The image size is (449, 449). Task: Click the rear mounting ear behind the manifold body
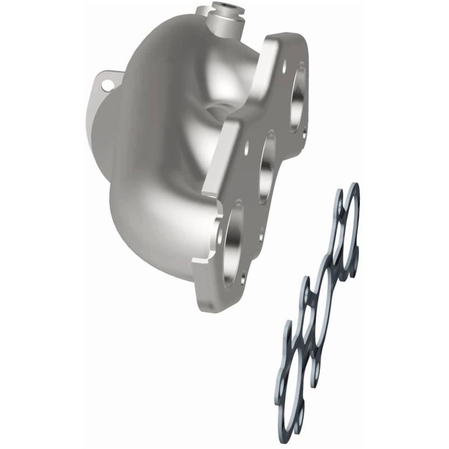[103, 84]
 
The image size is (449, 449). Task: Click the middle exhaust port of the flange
[268, 168]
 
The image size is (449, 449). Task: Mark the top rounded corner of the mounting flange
[292, 38]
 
